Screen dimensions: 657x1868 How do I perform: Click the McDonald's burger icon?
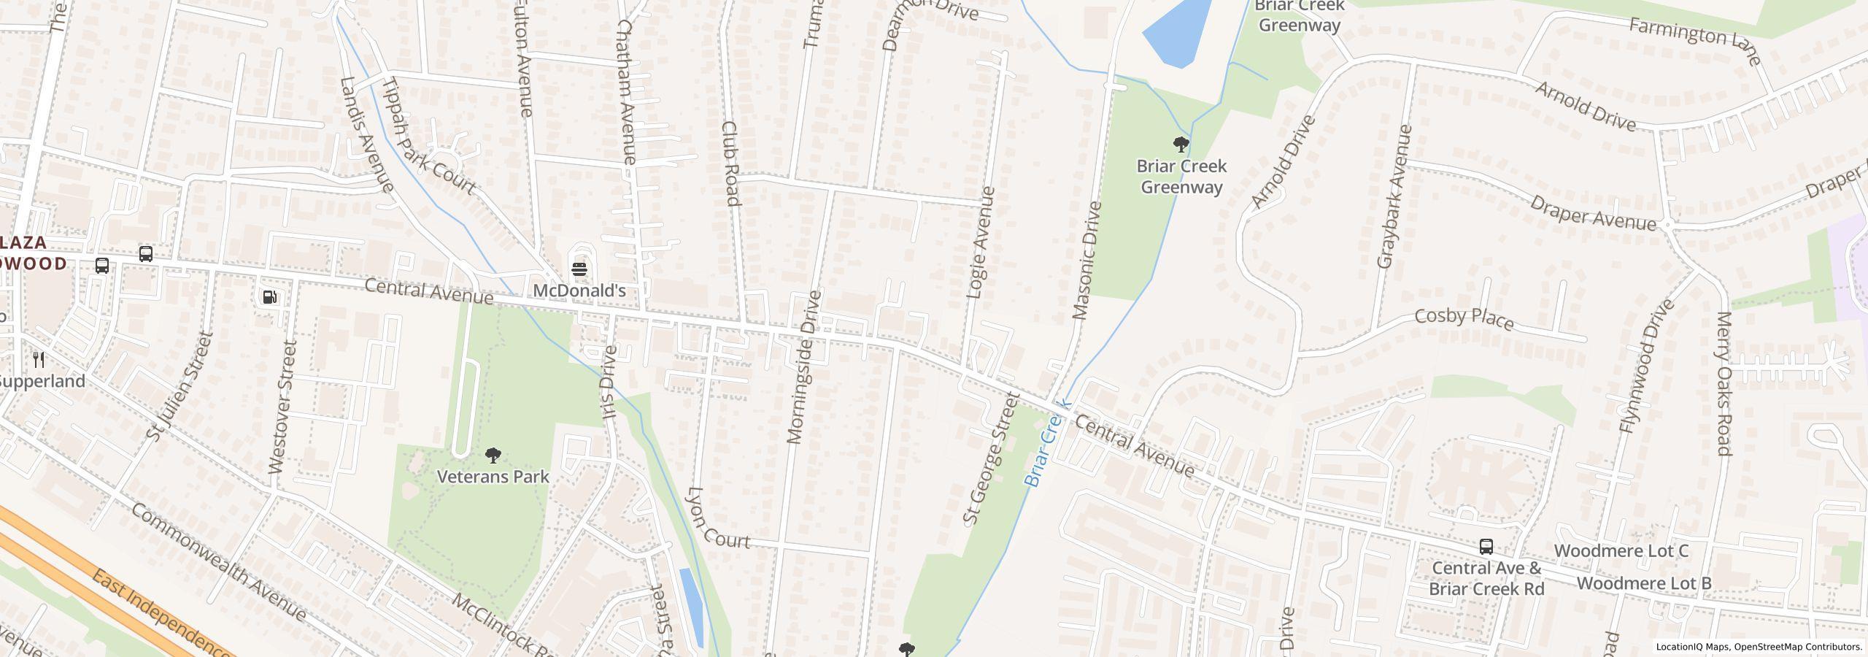click(579, 269)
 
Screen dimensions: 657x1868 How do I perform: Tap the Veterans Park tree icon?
click(493, 456)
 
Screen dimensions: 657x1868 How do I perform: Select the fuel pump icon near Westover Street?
click(270, 297)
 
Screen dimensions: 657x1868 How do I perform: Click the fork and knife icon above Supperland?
click(39, 359)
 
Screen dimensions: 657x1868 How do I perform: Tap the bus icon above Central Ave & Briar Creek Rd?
click(1486, 547)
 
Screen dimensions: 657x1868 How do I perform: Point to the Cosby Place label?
click(1464, 318)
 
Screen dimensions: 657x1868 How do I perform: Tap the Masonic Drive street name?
click(1087, 261)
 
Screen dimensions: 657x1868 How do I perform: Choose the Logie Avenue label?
click(980, 242)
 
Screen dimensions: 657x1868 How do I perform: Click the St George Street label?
click(990, 459)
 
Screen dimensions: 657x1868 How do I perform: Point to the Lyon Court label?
click(718, 520)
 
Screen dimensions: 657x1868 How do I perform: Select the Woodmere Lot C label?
click(1621, 550)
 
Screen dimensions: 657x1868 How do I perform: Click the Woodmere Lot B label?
click(1643, 583)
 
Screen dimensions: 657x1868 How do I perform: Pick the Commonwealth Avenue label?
click(218, 562)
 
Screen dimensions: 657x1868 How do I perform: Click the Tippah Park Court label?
click(428, 136)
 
